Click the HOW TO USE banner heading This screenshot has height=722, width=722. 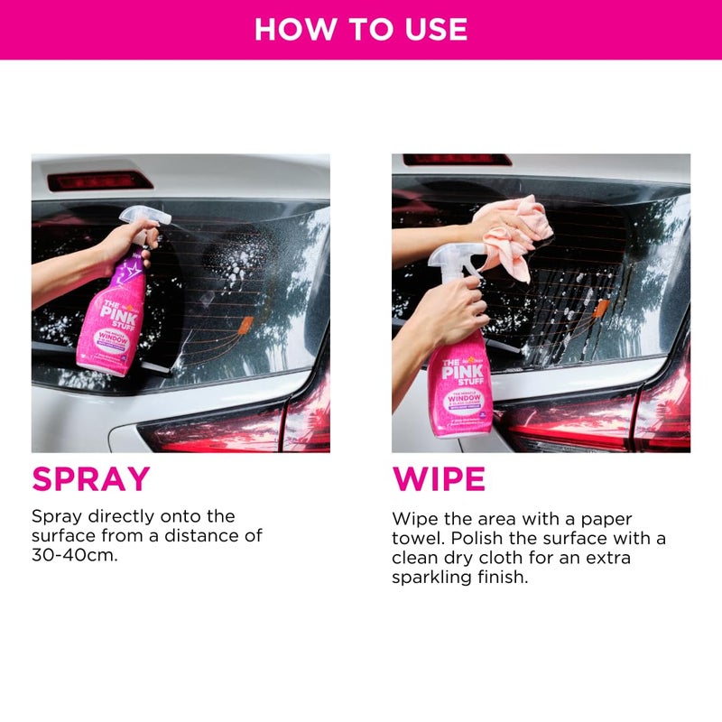(361, 29)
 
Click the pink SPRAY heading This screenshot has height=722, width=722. (90, 478)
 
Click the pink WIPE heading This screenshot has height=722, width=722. (439, 478)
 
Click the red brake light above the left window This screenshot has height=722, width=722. (99, 180)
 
